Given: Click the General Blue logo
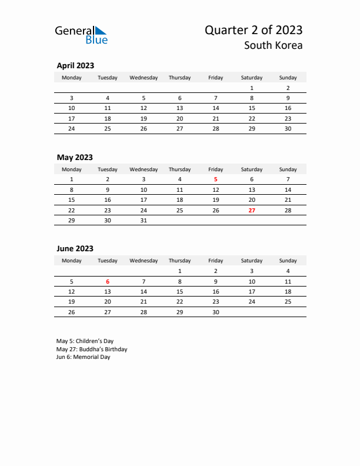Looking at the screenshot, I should (x=81, y=35).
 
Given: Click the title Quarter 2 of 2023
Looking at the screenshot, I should (x=254, y=30).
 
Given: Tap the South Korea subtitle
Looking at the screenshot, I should (x=274, y=45).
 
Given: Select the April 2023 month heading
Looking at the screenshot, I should (x=75, y=66).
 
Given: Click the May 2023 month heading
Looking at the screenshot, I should (x=75, y=157).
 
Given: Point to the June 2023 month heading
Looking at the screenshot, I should (x=75, y=249).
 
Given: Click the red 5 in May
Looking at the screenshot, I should (x=215, y=179).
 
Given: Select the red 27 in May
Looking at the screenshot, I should (x=252, y=210).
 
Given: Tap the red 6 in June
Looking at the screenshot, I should (x=108, y=281).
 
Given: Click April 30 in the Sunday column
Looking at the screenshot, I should (x=288, y=129).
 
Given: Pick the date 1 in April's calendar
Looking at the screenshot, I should (x=252, y=88).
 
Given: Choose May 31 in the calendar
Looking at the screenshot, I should (x=144, y=220).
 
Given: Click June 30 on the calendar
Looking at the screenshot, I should (x=215, y=312).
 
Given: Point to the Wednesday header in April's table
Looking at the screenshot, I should (x=144, y=77).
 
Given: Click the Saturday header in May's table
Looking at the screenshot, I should (x=252, y=169).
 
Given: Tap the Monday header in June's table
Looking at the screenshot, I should (x=72, y=261).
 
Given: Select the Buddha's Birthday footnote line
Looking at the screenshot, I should (x=92, y=349).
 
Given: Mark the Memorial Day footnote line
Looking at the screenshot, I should (x=84, y=357).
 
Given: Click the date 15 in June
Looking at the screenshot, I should (x=179, y=292).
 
